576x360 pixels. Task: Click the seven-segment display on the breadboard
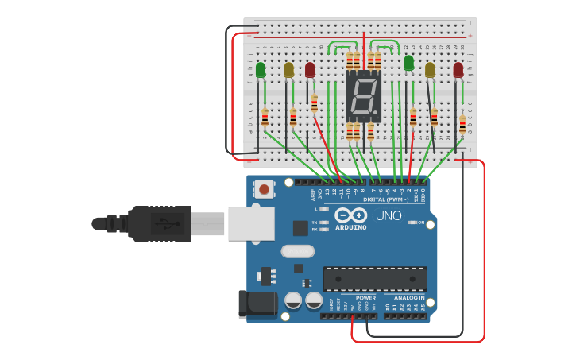click(364, 95)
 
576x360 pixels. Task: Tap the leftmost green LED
click(261, 71)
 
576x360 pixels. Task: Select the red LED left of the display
click(310, 71)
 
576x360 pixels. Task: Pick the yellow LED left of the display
click(288, 71)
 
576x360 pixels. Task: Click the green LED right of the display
click(409, 63)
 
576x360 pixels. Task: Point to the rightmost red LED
click(458, 70)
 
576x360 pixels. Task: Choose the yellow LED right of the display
click(430, 70)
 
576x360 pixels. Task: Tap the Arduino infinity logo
click(350, 215)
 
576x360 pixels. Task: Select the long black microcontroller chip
click(374, 279)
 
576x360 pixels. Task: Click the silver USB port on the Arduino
click(251, 223)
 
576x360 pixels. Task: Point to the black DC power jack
click(257, 304)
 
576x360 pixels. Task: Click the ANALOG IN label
click(409, 298)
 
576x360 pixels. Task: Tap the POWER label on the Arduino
click(365, 298)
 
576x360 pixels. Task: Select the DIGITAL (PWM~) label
click(386, 199)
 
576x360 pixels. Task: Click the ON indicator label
click(420, 223)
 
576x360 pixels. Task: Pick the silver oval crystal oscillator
click(297, 252)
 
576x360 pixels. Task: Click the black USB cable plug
click(159, 223)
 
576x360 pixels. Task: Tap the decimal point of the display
click(377, 111)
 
